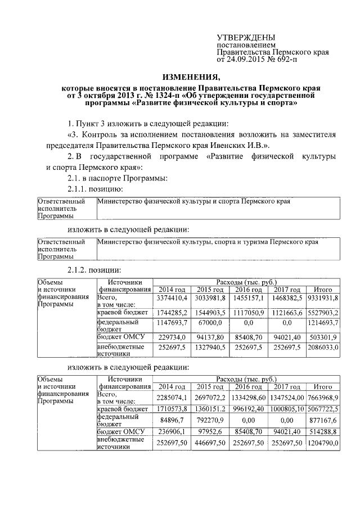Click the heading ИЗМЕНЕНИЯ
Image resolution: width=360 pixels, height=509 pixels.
point(188,77)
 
